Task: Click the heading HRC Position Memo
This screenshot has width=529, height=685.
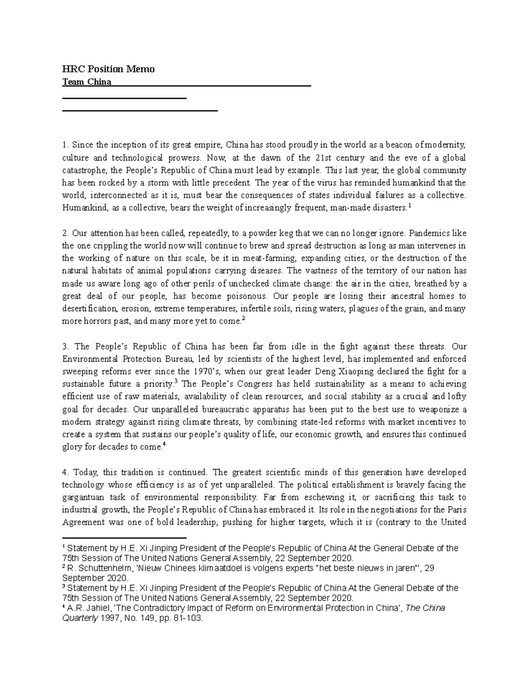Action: (108, 69)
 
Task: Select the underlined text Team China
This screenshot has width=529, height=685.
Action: (87, 82)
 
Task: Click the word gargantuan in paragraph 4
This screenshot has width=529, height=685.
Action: (83, 498)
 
